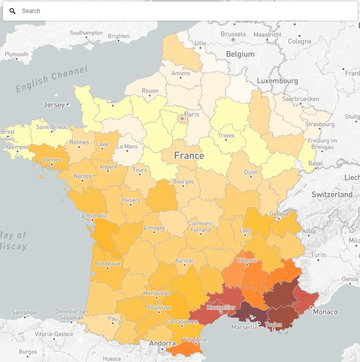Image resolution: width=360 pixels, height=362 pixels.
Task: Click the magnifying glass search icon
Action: tap(13, 11)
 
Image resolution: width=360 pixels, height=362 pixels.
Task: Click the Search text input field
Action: tap(183, 11)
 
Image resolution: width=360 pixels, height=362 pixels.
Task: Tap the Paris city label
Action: tap(192, 115)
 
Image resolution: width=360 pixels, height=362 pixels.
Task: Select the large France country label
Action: tap(189, 155)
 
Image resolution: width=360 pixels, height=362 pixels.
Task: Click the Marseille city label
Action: tap(244, 327)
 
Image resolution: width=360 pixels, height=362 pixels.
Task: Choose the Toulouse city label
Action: tap(159, 308)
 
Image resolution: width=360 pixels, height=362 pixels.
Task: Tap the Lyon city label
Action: tap(245, 230)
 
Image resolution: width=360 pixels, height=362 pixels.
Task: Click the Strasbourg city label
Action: tap(320, 124)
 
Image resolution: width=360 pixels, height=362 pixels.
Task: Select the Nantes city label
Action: tap(82, 176)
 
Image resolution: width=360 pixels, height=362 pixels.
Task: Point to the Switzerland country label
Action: tap(332, 194)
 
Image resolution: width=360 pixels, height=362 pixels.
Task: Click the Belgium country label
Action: tap(240, 54)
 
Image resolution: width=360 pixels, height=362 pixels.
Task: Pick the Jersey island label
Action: tap(53, 104)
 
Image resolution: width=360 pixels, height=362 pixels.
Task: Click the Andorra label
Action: tap(162, 343)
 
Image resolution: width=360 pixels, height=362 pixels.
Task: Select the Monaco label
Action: tap(325, 312)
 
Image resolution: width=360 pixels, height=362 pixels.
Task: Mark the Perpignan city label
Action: tap(196, 339)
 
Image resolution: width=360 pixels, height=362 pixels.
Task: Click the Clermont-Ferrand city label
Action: tap(200, 226)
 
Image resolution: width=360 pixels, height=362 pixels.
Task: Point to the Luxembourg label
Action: tap(277, 81)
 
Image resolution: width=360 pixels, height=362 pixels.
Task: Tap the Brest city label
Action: tap(8, 132)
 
